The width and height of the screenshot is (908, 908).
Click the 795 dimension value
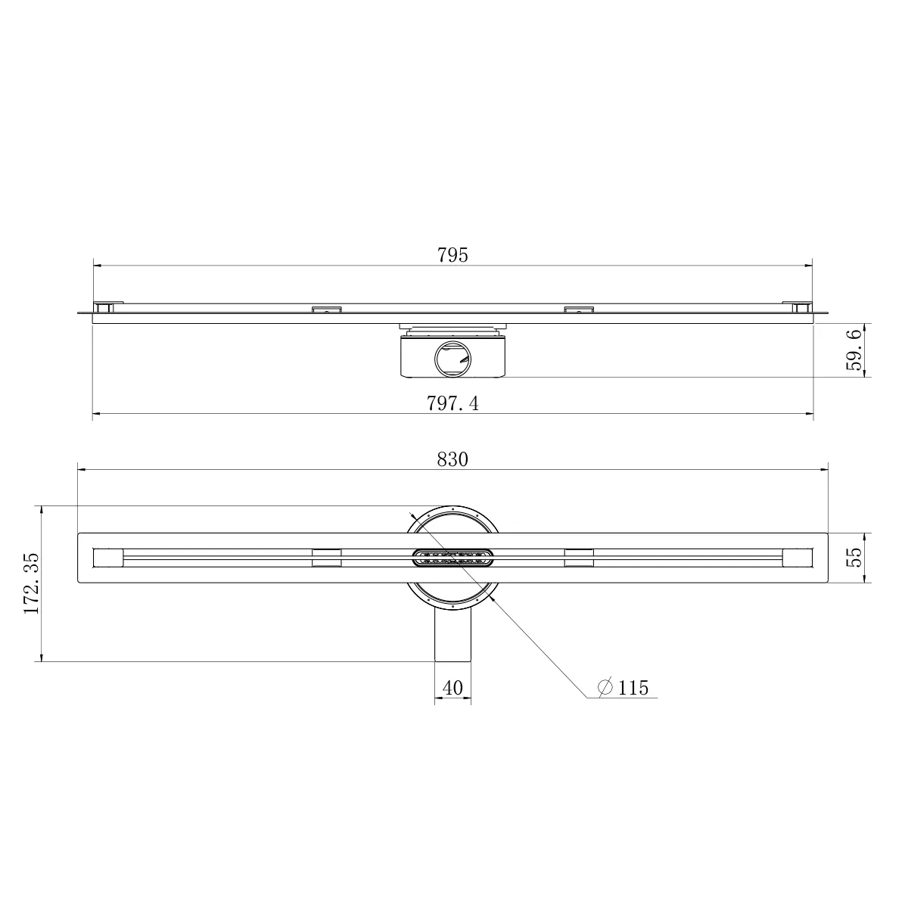[452, 255]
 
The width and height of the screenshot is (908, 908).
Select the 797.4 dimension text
[452, 403]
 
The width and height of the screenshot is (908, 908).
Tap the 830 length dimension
[452, 459]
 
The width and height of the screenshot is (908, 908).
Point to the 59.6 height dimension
[854, 350]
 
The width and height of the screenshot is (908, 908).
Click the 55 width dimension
[854, 558]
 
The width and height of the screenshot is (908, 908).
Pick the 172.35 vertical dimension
[32, 583]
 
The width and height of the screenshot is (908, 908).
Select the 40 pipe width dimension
[452, 688]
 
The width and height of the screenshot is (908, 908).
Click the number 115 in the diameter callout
[633, 689]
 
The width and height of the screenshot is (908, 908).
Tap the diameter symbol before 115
[605, 688]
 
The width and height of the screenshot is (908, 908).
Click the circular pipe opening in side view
[452, 360]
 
